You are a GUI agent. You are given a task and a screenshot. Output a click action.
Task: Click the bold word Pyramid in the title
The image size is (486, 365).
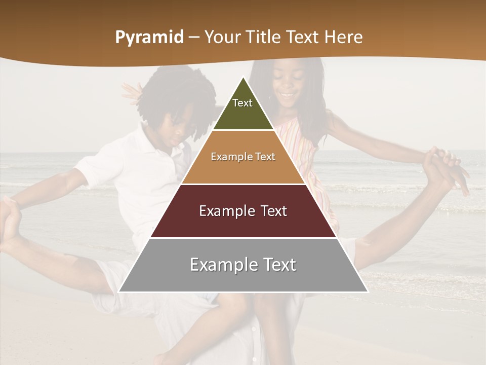pyautogui.click(x=149, y=38)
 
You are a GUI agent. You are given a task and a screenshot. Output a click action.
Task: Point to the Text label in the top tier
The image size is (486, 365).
pyautogui.click(x=242, y=103)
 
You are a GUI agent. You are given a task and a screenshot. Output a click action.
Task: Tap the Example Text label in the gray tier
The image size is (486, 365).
pyautogui.click(x=243, y=265)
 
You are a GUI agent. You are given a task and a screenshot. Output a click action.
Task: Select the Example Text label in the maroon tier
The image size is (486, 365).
pyautogui.click(x=243, y=211)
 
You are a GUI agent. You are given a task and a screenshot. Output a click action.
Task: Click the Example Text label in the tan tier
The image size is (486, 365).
pyautogui.click(x=243, y=157)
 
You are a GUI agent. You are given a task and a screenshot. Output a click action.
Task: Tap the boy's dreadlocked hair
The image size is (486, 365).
pyautogui.click(x=175, y=96)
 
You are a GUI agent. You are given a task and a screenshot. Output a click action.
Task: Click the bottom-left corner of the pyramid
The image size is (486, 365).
pyautogui.click(x=119, y=291)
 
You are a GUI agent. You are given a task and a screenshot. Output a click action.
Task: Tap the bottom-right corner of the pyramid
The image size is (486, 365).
pyautogui.click(x=367, y=291)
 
